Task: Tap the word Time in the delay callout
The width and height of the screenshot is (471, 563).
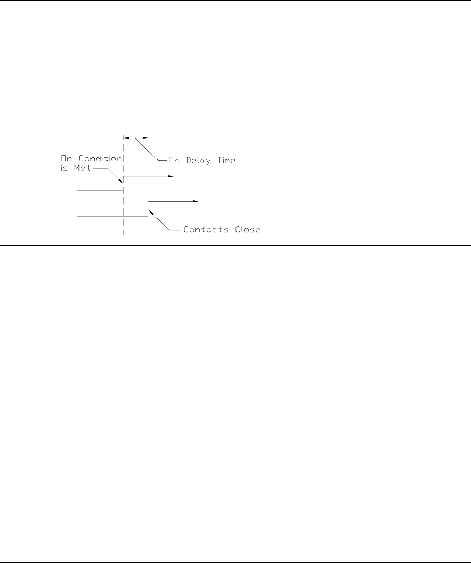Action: click(225, 160)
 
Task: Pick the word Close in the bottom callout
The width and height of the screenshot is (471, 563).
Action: click(245, 229)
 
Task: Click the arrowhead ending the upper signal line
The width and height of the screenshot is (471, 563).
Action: click(172, 177)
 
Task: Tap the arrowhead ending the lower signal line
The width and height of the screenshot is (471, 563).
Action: click(197, 202)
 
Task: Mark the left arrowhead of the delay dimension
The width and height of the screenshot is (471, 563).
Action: click(126, 137)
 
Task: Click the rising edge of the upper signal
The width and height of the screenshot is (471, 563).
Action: click(123, 184)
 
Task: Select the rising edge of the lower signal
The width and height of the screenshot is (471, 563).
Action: click(148, 209)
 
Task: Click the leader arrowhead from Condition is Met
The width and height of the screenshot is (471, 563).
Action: click(121, 182)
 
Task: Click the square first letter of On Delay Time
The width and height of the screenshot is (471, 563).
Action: click(172, 160)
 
